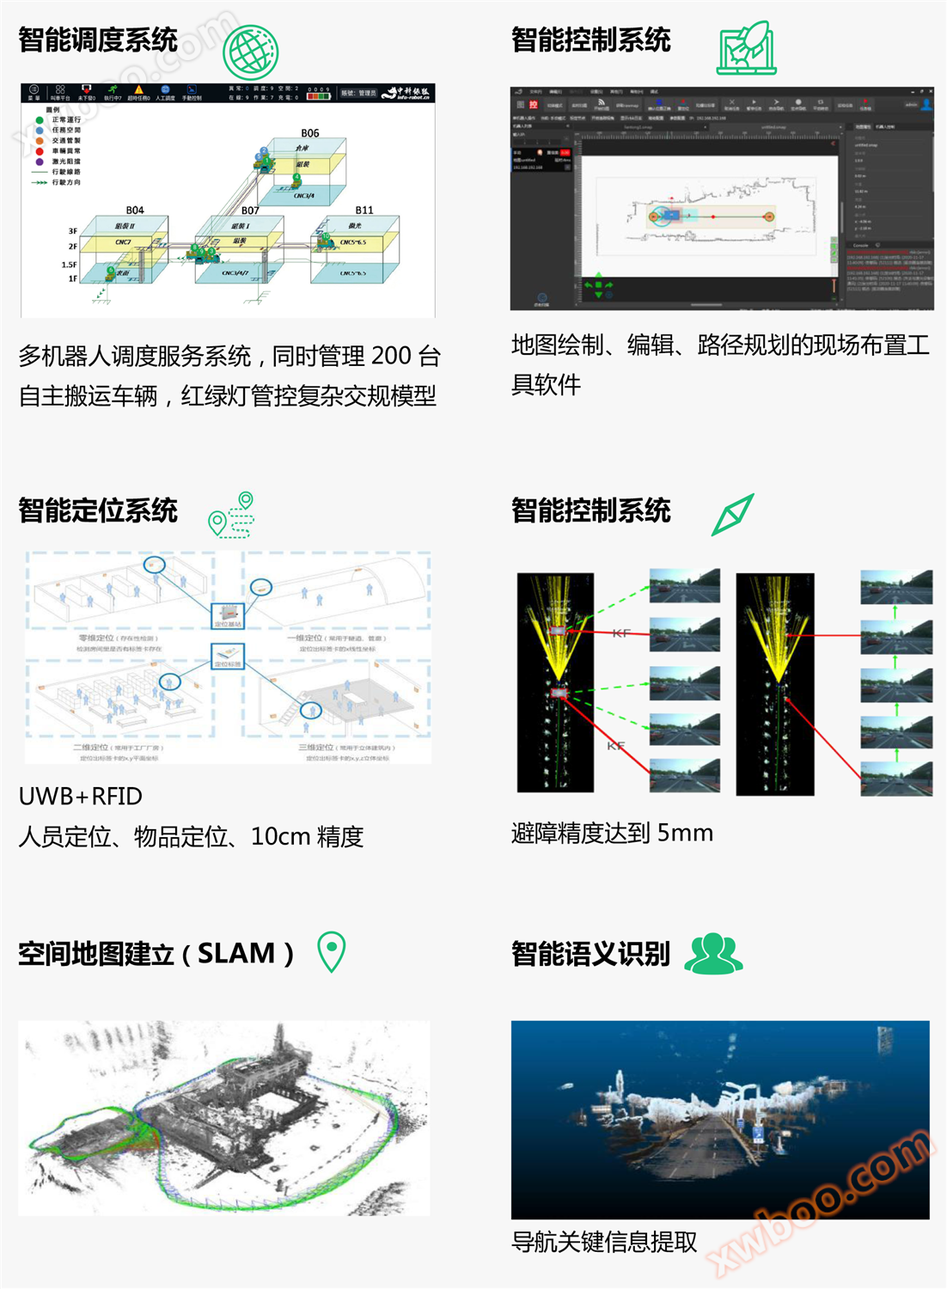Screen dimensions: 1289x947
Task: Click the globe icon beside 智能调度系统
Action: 250,52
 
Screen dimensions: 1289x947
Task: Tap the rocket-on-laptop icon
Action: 746,48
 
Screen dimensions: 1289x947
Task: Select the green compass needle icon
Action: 733,515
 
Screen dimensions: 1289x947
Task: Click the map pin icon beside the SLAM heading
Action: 332,951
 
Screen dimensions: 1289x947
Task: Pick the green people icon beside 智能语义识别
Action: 713,954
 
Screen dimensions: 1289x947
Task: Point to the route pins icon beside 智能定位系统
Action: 233,515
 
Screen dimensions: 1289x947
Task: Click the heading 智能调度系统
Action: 98,40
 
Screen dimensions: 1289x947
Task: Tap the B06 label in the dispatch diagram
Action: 310,133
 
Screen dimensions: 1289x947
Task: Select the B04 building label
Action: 135,211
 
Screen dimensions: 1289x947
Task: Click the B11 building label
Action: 364,211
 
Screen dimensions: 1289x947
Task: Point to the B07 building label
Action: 250,211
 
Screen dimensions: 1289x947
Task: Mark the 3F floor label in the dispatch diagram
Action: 73,231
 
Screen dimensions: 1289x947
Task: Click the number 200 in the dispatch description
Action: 391,356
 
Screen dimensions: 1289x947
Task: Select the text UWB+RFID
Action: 81,797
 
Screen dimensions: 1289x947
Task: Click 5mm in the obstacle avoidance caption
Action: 685,833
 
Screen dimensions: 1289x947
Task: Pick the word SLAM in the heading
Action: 236,953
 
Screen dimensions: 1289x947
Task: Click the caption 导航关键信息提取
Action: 604,1242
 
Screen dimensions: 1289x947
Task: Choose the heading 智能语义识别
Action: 590,954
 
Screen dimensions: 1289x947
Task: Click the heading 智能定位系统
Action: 98,510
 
